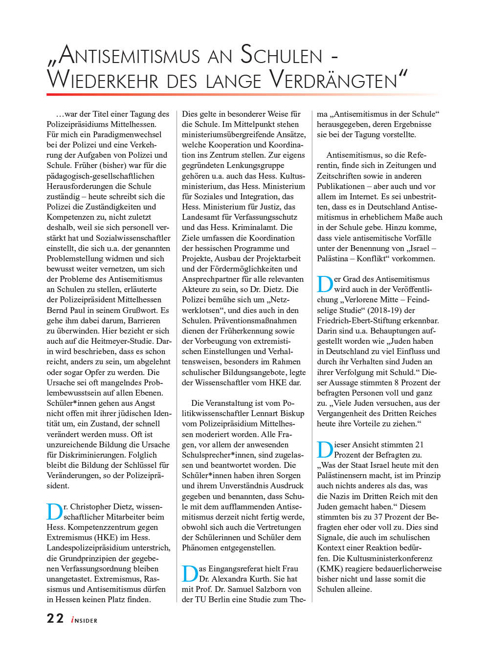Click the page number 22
point(55,619)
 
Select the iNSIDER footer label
point(84,620)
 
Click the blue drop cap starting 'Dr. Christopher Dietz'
point(54,512)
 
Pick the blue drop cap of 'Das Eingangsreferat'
point(190,574)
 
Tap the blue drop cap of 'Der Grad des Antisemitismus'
point(325,284)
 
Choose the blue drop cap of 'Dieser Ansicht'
point(325,450)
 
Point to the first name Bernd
point(58,310)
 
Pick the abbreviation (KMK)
point(329,568)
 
